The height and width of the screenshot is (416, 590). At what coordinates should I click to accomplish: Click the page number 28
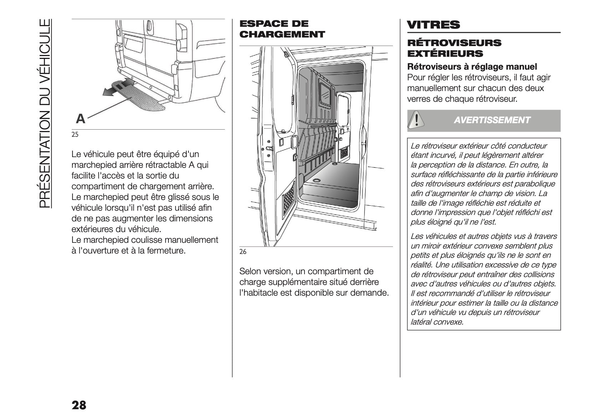[x=79, y=405]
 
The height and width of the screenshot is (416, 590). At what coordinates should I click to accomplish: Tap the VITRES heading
[x=433, y=25]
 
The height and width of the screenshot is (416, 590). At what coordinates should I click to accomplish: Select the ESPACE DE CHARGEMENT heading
[x=282, y=29]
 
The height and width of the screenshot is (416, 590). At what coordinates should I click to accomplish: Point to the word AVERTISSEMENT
[x=492, y=120]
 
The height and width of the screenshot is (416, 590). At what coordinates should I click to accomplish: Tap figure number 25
[x=75, y=135]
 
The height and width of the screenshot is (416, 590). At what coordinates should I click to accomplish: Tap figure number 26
[x=243, y=252]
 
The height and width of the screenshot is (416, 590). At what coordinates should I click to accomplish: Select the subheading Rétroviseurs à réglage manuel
[x=472, y=67]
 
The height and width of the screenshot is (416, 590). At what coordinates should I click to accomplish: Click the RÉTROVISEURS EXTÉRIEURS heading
[x=454, y=48]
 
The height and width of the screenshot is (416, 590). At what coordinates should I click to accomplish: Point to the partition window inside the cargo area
[x=326, y=94]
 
